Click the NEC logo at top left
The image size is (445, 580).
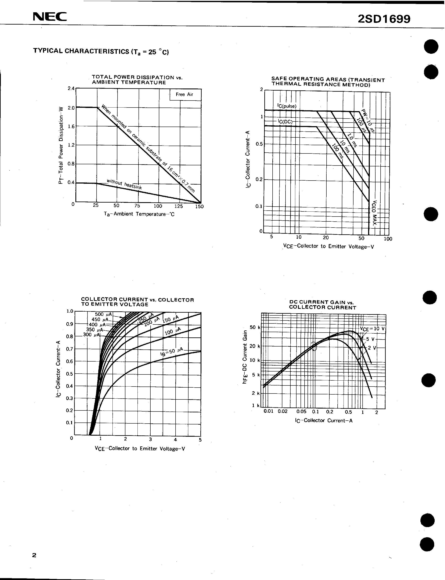pyautogui.click(x=50, y=17)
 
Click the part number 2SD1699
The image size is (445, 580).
pyautogui.click(x=384, y=19)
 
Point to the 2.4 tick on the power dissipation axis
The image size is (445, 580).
pyautogui.click(x=71, y=88)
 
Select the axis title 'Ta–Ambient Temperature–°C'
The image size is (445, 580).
pyautogui.click(x=139, y=214)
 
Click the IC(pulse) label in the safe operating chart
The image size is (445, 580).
pyautogui.click(x=287, y=106)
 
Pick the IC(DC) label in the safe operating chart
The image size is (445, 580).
pyautogui.click(x=285, y=122)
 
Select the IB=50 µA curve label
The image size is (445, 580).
pyautogui.click(x=172, y=352)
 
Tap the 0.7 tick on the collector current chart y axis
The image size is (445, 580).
pyautogui.click(x=69, y=349)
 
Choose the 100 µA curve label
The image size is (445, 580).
pyautogui.click(x=173, y=331)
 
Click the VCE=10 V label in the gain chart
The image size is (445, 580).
pyautogui.click(x=372, y=329)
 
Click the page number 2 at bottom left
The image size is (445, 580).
pyautogui.click(x=34, y=555)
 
